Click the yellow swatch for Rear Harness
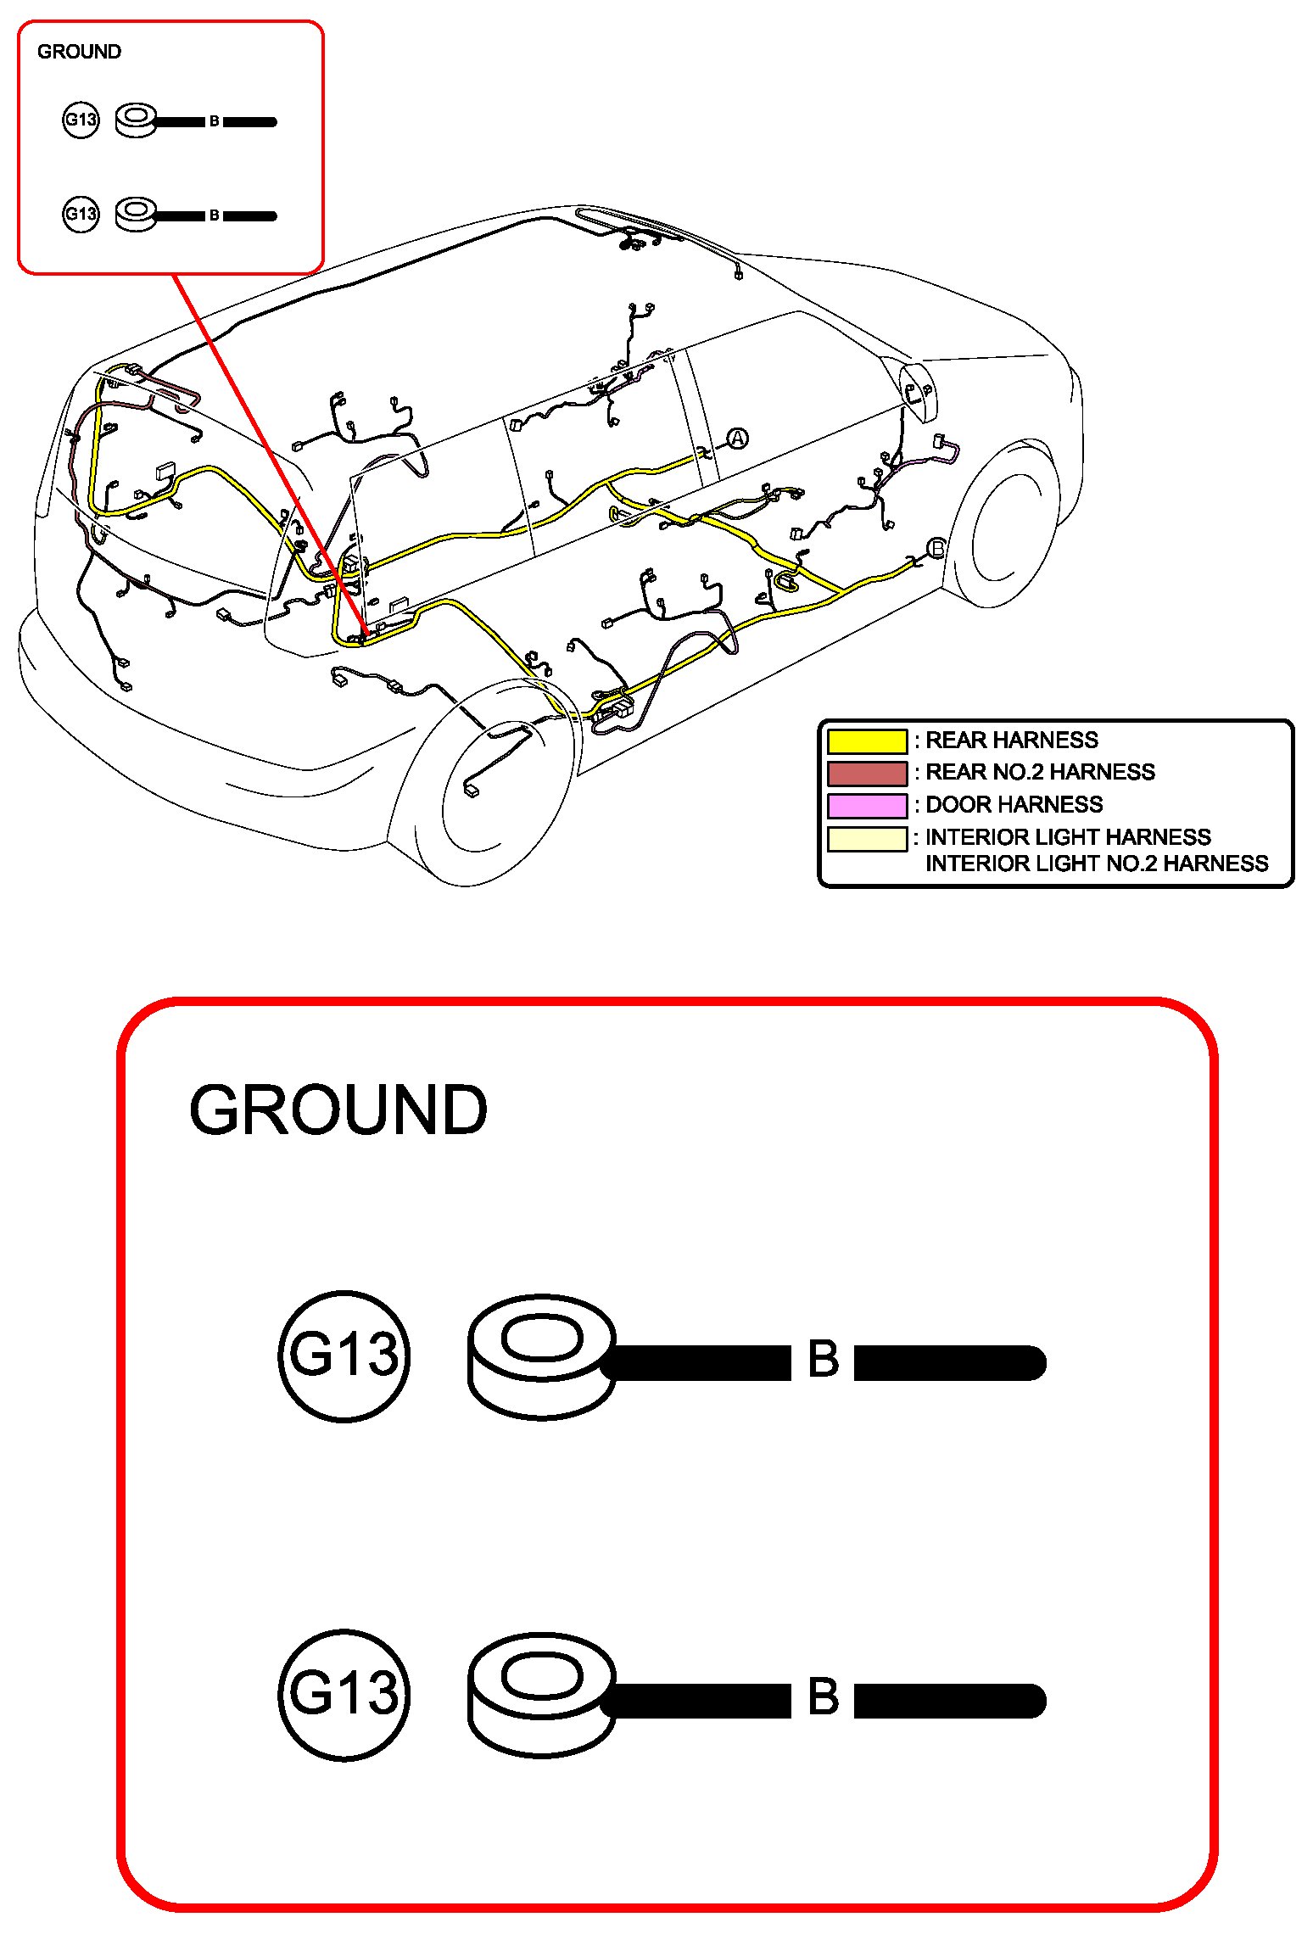(867, 741)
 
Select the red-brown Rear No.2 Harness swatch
(867, 773)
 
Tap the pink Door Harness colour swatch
(867, 805)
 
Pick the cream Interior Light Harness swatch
(867, 838)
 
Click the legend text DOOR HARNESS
(1014, 804)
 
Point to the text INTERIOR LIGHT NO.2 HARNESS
(1096, 864)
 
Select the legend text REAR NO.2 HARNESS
(1039, 772)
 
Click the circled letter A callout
(738, 439)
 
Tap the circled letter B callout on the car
(937, 548)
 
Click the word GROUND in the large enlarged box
(338, 1110)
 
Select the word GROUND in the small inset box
(79, 52)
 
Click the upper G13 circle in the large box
(344, 1355)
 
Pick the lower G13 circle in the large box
(344, 1694)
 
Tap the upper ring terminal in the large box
(542, 1355)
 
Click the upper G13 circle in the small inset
(81, 120)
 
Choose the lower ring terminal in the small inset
(136, 214)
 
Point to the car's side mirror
(916, 391)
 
